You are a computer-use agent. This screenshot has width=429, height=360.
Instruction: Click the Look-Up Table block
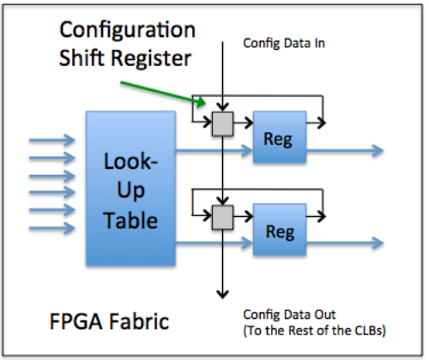130,189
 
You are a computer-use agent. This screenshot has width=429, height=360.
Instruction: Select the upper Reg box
280,136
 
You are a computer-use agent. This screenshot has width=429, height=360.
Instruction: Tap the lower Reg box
280,229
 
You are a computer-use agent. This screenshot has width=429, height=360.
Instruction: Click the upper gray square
222,123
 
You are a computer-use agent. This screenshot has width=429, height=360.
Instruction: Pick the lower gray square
222,217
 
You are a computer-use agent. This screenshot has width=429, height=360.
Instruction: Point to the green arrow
163,93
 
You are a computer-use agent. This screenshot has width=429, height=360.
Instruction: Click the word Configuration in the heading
127,30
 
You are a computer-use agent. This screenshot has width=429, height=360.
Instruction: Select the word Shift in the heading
82,57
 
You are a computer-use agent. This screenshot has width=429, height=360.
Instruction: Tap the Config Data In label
284,44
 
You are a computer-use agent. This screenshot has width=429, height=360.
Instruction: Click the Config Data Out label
289,315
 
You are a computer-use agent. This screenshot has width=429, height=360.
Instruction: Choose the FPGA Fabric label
109,321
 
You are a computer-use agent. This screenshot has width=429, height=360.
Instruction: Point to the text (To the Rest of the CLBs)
314,331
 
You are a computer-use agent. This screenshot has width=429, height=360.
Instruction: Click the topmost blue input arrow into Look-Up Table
52,140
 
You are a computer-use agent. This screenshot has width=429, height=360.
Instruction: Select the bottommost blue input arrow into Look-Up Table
52,228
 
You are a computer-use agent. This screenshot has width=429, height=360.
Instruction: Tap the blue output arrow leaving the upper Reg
345,150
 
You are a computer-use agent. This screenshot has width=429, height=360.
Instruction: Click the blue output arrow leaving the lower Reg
345,243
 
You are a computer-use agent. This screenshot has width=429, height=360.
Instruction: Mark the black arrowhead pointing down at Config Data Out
222,294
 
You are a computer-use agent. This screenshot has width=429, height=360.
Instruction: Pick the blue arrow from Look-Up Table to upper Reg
214,151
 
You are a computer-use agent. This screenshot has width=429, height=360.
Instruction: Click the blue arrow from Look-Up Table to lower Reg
214,243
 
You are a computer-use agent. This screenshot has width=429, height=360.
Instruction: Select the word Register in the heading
151,58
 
